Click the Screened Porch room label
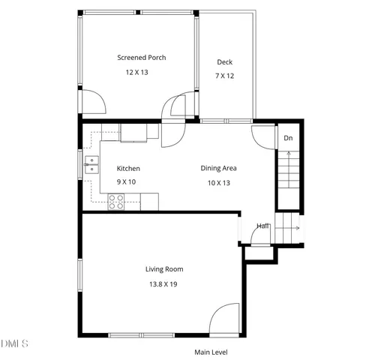coord(141,58)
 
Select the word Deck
coord(224,62)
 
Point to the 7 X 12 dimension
coord(224,76)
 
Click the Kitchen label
coord(128,169)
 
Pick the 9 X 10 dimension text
coord(126,182)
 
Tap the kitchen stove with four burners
coord(116,201)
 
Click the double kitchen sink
coord(92,164)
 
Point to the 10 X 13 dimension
coord(218,182)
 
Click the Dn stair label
coord(288,138)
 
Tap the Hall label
coord(263,226)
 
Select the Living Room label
coord(164,268)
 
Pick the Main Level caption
coord(211,352)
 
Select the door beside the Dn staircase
coord(263,135)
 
